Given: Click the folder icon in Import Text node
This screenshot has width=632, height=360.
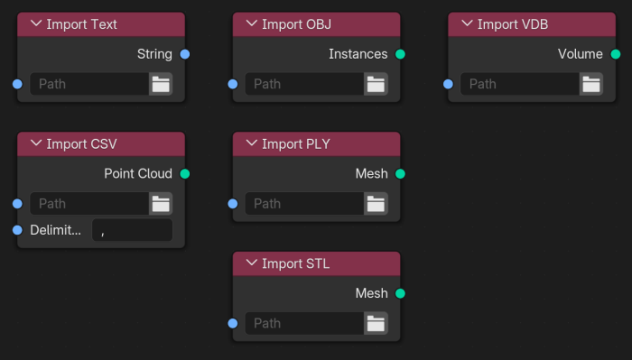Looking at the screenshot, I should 161,84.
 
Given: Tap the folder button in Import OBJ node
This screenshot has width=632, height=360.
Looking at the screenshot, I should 376,84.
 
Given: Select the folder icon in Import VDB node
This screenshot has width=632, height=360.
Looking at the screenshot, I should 591,84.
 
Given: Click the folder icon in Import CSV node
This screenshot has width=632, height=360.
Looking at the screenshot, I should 161,203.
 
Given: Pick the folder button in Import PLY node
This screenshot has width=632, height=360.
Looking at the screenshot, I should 376,203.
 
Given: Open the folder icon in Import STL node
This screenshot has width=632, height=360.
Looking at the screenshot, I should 376,323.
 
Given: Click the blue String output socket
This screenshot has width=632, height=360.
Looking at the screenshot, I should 185,54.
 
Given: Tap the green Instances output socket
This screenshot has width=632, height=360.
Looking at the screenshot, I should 400,54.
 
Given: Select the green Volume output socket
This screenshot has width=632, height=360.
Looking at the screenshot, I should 616,54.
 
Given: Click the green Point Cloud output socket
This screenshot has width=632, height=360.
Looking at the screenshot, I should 185,173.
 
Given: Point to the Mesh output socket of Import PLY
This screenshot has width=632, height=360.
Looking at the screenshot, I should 400,173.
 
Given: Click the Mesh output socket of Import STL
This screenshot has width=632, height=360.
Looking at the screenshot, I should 400,293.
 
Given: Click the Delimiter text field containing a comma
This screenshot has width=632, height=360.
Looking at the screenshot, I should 132,230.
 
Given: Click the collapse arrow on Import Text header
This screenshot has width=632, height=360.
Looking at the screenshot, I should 36,24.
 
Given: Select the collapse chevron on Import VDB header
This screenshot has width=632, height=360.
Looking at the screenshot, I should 467,24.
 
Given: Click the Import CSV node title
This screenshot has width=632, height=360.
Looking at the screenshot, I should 81,143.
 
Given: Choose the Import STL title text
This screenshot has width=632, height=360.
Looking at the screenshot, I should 294,263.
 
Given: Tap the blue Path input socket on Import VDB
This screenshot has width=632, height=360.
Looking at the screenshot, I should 449,84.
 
